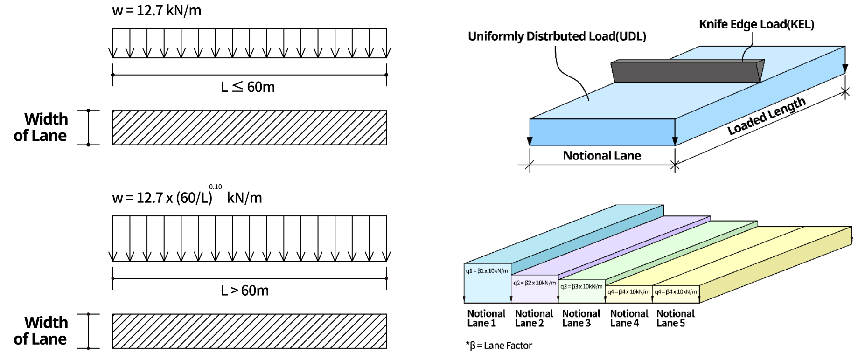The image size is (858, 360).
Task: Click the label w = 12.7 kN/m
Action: [x=156, y=10]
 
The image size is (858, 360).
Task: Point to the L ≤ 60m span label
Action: [x=247, y=87]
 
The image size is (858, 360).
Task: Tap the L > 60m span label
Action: [x=244, y=291]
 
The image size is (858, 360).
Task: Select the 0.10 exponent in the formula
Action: [x=215, y=187]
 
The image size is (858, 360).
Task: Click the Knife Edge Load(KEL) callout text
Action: [x=756, y=24]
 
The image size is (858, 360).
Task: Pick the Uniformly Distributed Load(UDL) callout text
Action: [x=557, y=36]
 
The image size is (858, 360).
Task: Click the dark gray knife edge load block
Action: [x=686, y=71]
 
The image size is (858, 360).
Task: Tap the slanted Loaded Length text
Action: [x=766, y=116]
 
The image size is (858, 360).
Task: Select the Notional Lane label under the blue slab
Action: [x=601, y=156]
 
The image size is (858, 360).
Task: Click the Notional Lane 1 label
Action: [x=486, y=318]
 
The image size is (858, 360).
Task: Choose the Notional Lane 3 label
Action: [x=581, y=318]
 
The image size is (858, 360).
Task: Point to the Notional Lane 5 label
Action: [x=675, y=318]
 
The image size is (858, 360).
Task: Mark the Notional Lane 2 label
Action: [x=534, y=318]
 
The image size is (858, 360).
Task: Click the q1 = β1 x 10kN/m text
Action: [x=487, y=271]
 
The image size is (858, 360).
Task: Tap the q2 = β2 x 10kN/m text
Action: [x=534, y=283]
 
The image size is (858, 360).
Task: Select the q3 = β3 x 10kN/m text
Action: [x=581, y=286]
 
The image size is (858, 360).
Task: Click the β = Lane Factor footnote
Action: [x=499, y=346]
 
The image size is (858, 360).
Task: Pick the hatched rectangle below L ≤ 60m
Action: [x=249, y=128]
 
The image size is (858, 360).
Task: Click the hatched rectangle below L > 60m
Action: [x=249, y=331]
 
